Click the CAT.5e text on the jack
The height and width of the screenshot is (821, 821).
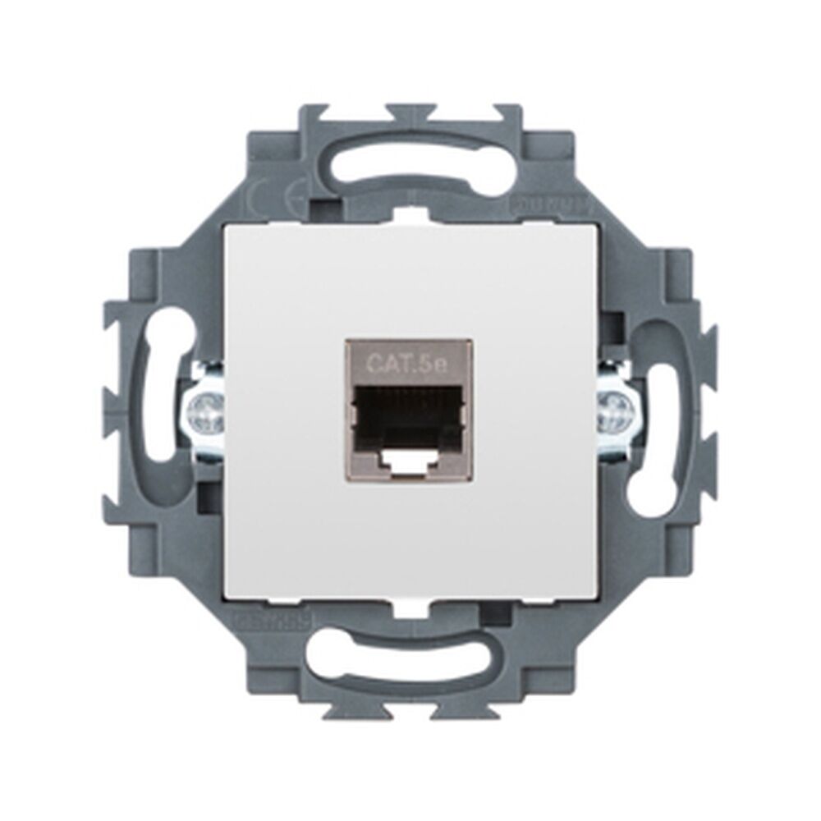click(x=407, y=361)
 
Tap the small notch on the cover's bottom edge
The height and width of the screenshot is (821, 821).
click(x=408, y=606)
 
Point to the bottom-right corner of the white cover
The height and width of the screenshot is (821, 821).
click(x=594, y=597)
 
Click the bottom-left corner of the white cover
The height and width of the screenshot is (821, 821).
click(x=227, y=597)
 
